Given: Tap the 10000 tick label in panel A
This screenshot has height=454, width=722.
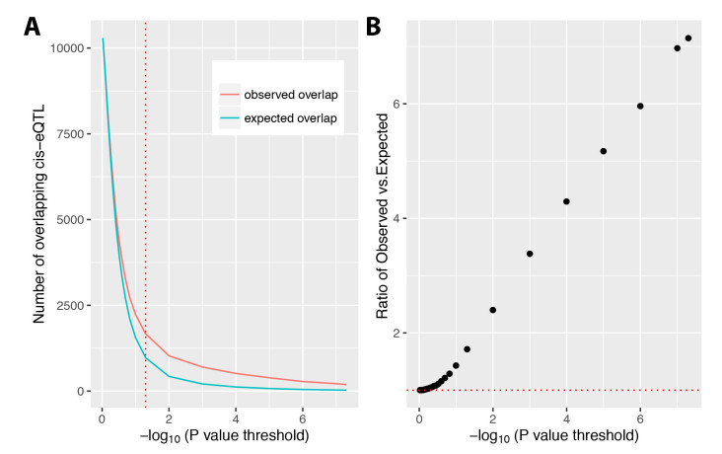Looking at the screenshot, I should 65,45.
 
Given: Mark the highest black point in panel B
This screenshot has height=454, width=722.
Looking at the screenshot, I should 688,38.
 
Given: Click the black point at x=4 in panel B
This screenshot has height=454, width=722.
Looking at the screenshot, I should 566,201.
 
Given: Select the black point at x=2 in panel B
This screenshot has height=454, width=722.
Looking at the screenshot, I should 492,310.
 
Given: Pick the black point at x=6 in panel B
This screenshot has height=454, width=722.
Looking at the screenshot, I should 640,106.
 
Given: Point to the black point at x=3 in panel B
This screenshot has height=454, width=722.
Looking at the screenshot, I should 530,254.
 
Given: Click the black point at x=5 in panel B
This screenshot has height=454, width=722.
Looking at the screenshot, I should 603,151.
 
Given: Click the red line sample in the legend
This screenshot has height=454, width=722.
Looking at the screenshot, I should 236,93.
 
